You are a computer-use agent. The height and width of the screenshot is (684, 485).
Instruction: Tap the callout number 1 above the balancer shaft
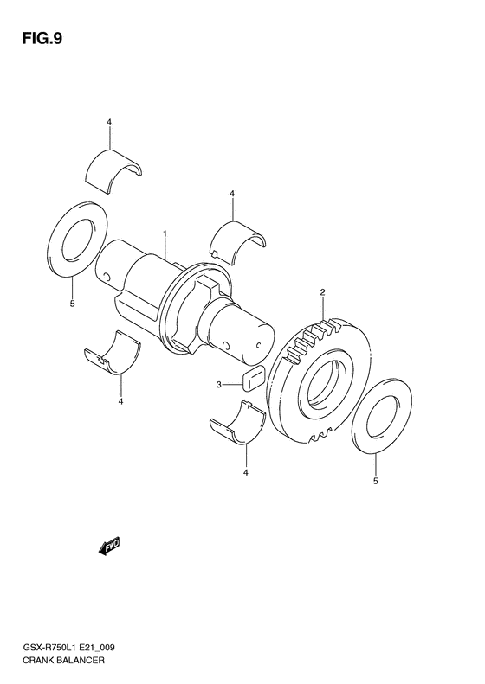point(164,234)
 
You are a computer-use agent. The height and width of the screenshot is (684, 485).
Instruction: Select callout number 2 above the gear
point(321,294)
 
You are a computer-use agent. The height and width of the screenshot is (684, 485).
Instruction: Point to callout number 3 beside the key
point(219,385)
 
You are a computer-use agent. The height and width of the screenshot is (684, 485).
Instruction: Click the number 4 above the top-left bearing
point(110,123)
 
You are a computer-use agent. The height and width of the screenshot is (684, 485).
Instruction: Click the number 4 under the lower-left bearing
point(121,401)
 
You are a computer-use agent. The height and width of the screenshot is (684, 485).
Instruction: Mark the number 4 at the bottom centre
point(246,472)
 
